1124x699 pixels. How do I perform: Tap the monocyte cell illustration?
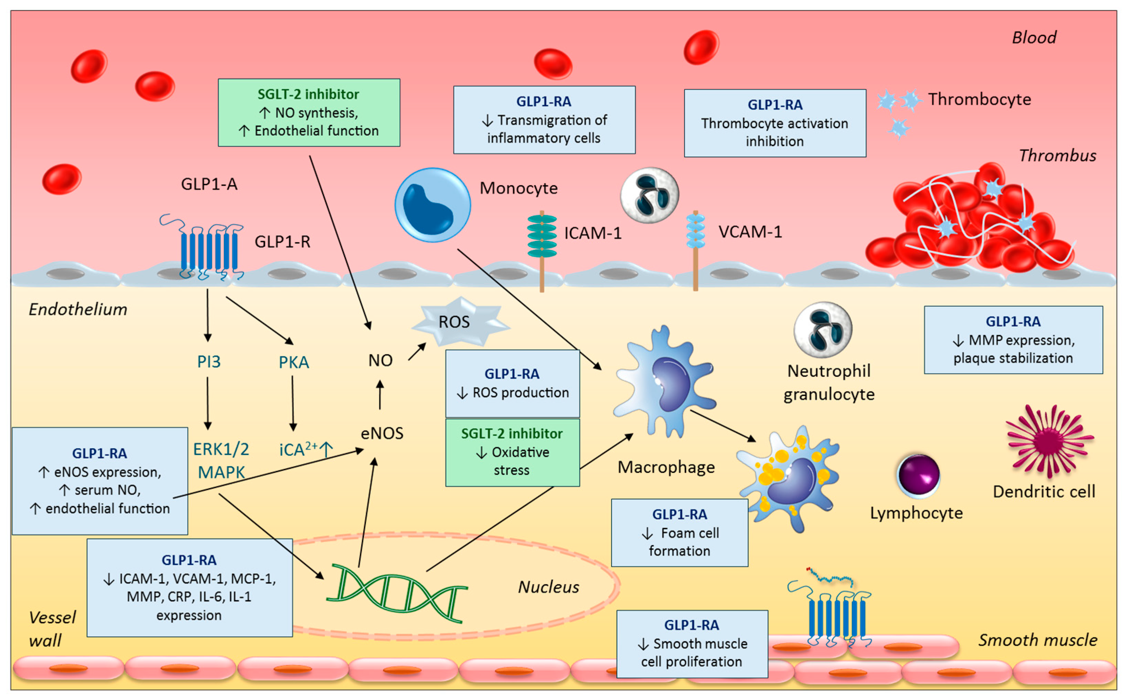(x=432, y=205)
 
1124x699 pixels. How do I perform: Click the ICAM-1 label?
(x=592, y=233)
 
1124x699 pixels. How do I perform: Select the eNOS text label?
(x=382, y=433)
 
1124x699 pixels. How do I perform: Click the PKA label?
(x=294, y=362)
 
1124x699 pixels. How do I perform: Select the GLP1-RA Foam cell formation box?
(x=679, y=532)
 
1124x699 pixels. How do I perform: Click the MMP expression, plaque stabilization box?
(x=1013, y=340)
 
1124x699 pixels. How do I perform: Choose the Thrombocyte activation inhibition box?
(x=774, y=123)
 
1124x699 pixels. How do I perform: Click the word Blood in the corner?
(x=1034, y=37)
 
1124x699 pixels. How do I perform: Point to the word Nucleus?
(x=548, y=587)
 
